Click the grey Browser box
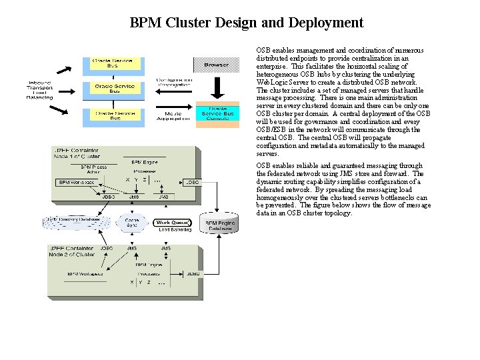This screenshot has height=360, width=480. (216, 65)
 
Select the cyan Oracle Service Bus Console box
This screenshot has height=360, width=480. (216, 114)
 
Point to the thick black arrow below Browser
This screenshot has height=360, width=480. (215, 87)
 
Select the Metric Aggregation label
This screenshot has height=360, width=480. (173, 115)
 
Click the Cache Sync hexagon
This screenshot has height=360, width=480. (133, 222)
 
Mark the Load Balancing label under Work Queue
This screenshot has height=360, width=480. (173, 231)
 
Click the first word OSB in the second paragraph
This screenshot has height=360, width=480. (263, 165)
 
